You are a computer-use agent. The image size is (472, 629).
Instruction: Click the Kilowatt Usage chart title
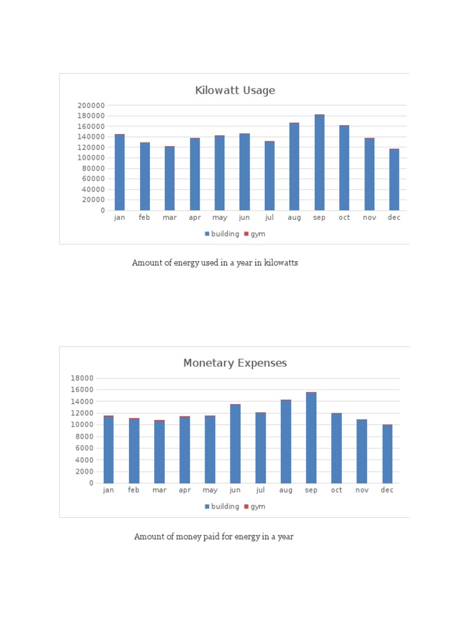(235, 91)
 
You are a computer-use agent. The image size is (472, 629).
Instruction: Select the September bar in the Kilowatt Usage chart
(320, 163)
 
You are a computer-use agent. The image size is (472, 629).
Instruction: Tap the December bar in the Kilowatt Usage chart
(394, 180)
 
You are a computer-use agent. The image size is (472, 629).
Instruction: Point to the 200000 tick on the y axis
(91, 106)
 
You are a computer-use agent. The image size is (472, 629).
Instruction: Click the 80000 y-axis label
(93, 168)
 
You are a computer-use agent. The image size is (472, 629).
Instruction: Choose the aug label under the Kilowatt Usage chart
(294, 218)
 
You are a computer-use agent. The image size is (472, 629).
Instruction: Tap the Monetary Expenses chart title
(235, 363)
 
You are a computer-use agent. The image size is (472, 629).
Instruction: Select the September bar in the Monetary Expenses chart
(311, 438)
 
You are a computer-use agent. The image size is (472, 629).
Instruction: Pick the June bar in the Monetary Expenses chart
(235, 444)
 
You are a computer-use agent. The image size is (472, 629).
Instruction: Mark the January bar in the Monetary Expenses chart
(109, 450)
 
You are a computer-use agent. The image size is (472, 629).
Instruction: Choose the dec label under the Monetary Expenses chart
(387, 490)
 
